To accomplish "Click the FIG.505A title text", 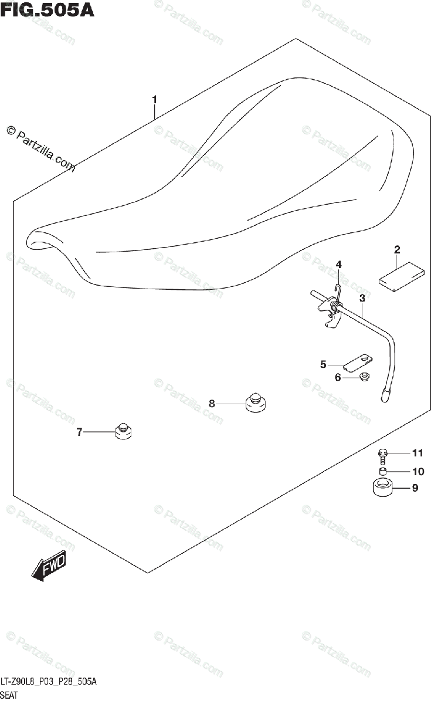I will coord(47,11).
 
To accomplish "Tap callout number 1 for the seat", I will coord(154,100).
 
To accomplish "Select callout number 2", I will coord(397,250).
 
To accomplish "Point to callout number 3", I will coord(362,299).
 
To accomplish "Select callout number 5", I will coord(323,365).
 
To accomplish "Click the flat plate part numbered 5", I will coord(357,362).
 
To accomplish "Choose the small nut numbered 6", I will coord(364,377).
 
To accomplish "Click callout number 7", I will coord(79,433).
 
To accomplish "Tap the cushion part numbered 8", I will coord(255,403).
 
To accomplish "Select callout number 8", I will coord(212,403).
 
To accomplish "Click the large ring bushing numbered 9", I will coord(382,488).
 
